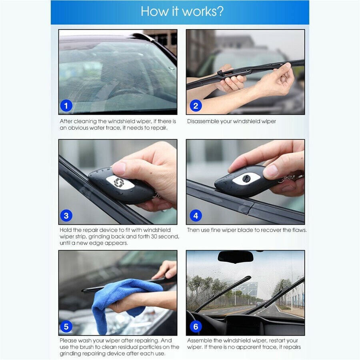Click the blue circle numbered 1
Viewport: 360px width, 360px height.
(66, 106)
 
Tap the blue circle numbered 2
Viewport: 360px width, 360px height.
(196, 106)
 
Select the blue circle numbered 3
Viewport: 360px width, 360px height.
(66, 216)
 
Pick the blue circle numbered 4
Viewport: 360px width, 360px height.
(196, 216)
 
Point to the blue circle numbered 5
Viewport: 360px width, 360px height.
(66, 326)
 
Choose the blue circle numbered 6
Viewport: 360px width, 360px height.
(196, 326)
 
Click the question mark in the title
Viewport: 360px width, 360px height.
(220, 11)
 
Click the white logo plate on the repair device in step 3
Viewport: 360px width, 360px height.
(120, 183)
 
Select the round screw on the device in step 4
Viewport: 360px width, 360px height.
(246, 178)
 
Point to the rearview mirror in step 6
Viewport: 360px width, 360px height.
(235, 257)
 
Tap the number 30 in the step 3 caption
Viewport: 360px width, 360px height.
(154, 236)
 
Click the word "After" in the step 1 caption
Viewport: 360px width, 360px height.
(66, 121)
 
